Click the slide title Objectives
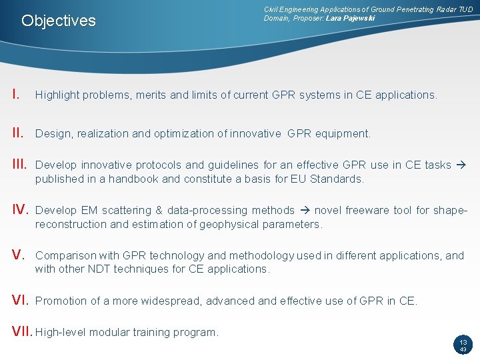pyautogui.click(x=59, y=21)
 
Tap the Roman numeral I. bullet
pyautogui.click(x=16, y=94)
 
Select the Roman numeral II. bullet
pyautogui.click(x=18, y=133)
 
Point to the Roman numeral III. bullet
pyautogui.click(x=20, y=165)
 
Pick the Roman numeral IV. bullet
pyautogui.click(x=20, y=210)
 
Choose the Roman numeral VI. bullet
pyautogui.click(x=21, y=300)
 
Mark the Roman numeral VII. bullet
pyautogui.click(x=22, y=331)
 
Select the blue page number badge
pyautogui.click(x=462, y=345)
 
